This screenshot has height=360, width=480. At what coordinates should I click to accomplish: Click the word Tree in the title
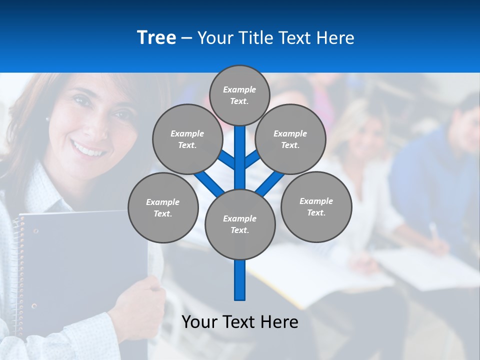156,37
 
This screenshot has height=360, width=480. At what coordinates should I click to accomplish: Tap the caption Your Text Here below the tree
240,322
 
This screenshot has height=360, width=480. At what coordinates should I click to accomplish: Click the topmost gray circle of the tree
239,95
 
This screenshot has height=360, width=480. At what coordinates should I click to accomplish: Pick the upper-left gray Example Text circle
187,139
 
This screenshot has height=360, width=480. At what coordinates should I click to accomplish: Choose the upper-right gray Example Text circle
290,139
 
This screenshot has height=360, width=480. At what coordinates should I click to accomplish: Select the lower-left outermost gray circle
163,207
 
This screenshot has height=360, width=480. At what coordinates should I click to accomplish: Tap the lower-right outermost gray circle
316,206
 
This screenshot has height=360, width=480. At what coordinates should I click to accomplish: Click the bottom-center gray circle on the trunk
240,224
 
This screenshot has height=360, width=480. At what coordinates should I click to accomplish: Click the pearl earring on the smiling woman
47,119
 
